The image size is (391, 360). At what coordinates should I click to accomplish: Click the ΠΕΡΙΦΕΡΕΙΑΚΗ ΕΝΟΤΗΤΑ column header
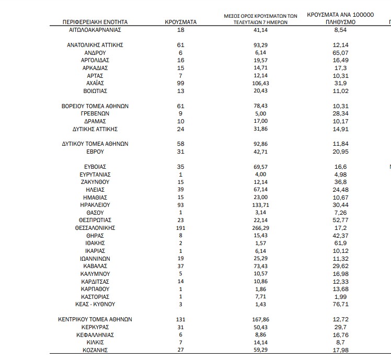point(95,22)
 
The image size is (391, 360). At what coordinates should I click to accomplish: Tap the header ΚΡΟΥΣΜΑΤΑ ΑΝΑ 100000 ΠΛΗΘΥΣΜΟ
point(340,19)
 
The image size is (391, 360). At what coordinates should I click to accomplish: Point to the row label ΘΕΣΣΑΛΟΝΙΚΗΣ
point(95,228)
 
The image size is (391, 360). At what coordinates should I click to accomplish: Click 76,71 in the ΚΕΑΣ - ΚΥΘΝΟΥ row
point(340,304)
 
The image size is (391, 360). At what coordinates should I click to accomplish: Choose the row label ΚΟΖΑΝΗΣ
point(95,350)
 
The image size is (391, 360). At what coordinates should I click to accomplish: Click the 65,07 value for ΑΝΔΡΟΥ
point(340,53)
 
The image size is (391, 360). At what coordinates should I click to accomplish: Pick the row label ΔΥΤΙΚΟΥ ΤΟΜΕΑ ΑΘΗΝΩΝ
point(95,144)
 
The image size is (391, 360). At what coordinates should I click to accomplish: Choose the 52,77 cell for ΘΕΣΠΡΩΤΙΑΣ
point(340,220)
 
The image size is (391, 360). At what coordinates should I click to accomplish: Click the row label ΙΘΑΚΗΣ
point(95,243)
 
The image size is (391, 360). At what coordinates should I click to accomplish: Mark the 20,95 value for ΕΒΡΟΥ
point(340,152)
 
